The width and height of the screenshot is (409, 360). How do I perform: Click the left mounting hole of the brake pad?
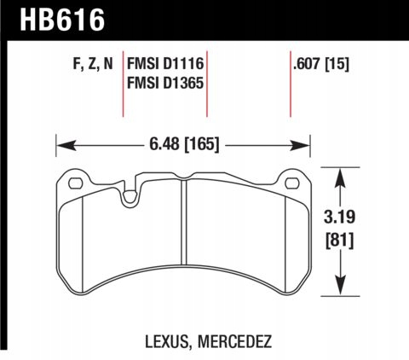click(x=72, y=181)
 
